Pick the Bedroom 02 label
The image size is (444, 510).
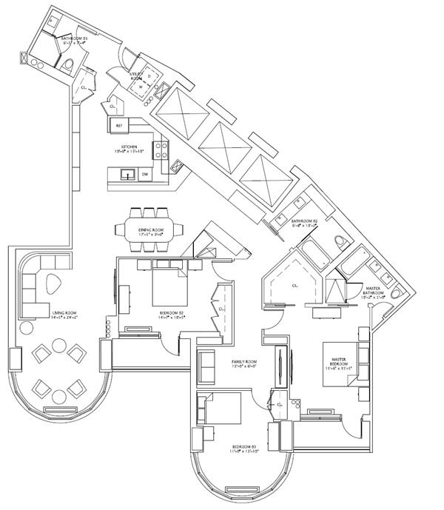tap(171, 314)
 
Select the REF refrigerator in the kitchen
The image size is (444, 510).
tap(119, 127)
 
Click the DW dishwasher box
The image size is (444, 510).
tap(145, 175)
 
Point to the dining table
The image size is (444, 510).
tap(151, 224)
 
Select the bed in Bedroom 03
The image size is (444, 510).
tap(218, 410)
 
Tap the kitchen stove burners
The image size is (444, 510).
tap(161, 151)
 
